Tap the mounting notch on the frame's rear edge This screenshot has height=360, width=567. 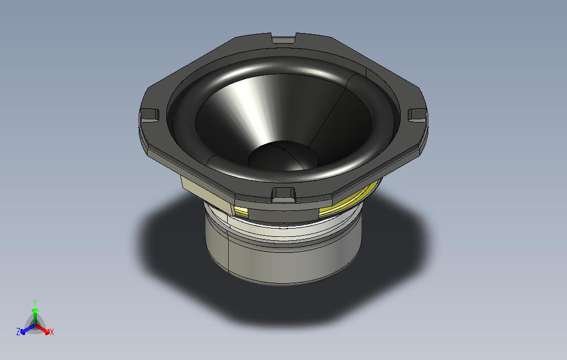click(x=283, y=39)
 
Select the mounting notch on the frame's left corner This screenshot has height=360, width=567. click(x=149, y=115)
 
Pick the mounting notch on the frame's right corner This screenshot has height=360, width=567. click(x=417, y=115)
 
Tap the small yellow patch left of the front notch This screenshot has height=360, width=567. click(x=241, y=211)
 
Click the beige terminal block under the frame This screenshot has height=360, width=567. click(x=206, y=193)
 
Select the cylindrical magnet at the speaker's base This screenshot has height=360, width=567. click(x=283, y=255)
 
